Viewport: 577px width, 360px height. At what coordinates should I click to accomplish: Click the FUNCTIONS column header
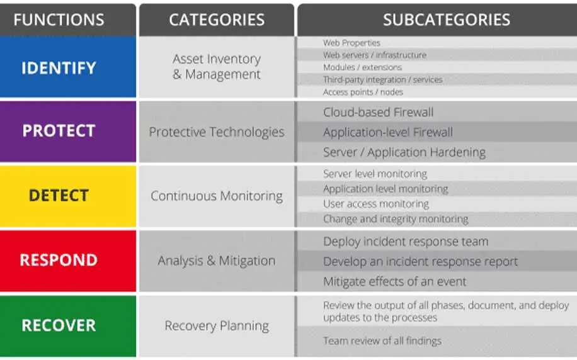tap(67, 20)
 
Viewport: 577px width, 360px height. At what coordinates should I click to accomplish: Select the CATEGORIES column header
tap(217, 20)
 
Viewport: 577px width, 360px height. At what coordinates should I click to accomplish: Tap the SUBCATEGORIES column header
tap(437, 20)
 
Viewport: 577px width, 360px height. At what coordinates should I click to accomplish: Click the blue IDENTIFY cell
tap(67, 67)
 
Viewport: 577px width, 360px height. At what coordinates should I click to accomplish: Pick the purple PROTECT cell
tap(67, 132)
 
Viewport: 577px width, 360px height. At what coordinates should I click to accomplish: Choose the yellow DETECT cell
tap(67, 196)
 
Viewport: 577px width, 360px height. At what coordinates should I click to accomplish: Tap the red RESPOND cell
tap(67, 261)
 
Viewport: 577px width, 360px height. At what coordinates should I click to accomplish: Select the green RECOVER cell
tap(67, 326)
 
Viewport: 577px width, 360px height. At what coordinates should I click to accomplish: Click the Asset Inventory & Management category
tap(217, 67)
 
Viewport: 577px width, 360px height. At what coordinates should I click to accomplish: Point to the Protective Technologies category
tap(217, 132)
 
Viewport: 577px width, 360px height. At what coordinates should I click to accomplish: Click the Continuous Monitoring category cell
tap(217, 196)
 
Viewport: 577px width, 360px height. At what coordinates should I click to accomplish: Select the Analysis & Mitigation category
tap(217, 261)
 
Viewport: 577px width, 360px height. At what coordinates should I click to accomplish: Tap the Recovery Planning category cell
tap(217, 326)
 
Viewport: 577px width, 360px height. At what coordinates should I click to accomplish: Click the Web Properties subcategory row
tap(437, 43)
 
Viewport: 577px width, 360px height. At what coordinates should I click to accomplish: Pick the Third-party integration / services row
tap(437, 79)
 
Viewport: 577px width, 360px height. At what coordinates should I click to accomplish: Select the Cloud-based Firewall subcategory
tap(437, 112)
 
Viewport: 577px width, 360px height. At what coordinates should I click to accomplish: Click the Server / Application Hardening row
tap(437, 152)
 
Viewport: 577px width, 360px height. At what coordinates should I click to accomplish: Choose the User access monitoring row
tap(437, 204)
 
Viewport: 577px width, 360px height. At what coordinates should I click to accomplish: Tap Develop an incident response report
tap(437, 261)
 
